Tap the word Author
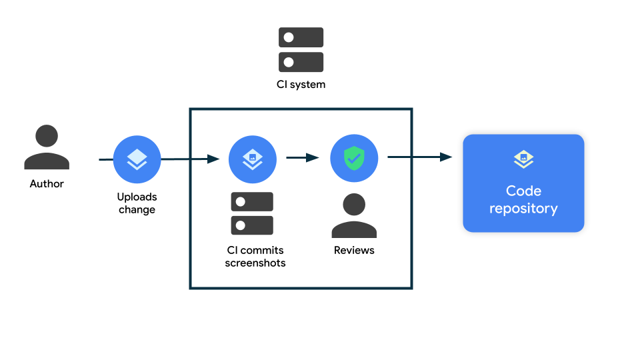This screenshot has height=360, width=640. point(47,184)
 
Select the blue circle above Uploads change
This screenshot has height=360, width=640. point(137,159)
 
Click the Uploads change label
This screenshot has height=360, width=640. point(137,203)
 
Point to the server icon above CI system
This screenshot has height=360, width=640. point(301,49)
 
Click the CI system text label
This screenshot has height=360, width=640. point(301,85)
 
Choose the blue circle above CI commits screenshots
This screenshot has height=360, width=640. point(252,159)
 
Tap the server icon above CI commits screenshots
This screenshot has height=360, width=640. point(252,213)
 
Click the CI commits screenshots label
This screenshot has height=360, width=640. point(255,257)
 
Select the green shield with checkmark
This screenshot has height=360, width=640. point(354,159)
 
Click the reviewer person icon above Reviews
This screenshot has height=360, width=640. point(354,215)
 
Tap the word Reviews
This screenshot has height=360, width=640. point(354,251)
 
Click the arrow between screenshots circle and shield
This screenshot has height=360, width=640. point(302,158)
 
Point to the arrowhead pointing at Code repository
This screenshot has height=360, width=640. point(446,157)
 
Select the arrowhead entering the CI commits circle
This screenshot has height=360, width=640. point(213,159)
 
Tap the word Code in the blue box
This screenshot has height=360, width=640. point(523,191)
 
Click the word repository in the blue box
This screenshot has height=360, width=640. point(523,209)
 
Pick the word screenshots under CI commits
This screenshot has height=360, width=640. point(255,263)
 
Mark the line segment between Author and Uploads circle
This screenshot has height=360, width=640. point(105,159)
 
